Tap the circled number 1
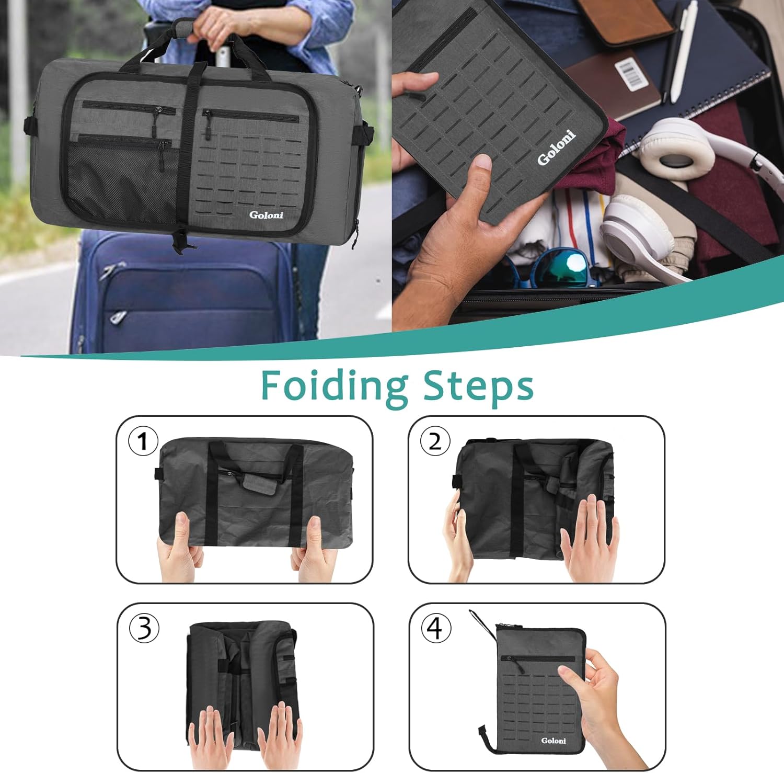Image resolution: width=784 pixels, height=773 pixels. pos(143,441)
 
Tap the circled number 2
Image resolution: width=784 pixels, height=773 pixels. pos(435,441)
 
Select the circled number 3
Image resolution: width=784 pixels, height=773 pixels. pos(144,629)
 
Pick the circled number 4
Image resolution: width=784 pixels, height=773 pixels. pos(435,628)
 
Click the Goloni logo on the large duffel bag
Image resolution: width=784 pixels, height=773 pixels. pos(266,215)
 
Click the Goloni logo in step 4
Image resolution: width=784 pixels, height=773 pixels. pos(554,741)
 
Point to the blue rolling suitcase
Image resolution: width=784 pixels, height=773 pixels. pos(183,298)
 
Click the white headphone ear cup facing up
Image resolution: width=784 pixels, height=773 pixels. pos(676,146)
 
